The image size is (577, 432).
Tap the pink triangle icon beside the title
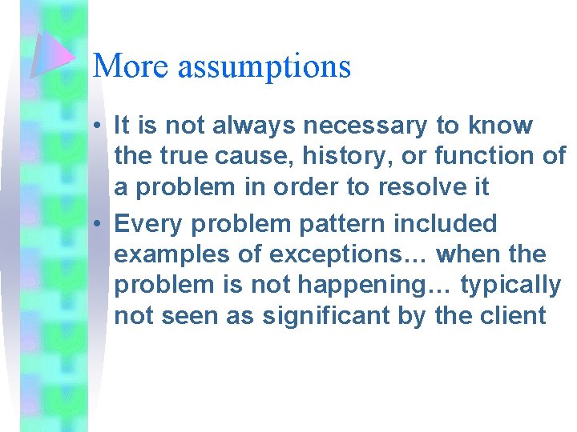click(52, 54)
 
